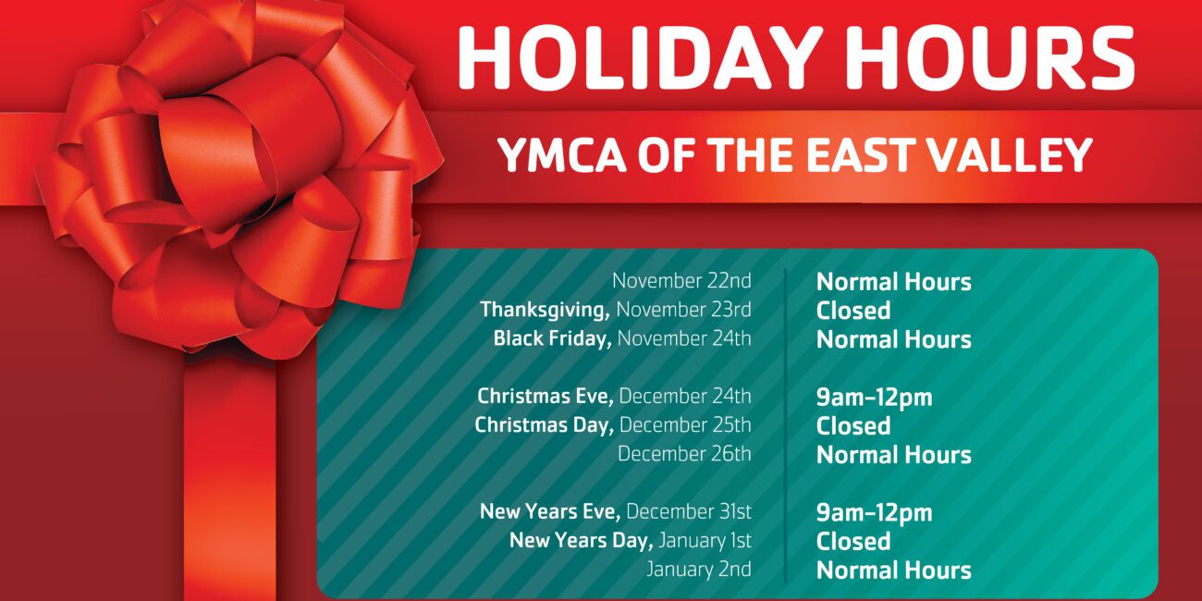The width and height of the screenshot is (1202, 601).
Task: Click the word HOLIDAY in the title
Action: (x=640, y=57)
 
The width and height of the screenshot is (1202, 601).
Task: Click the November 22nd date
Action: (x=681, y=281)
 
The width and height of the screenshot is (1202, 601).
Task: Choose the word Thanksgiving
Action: (x=545, y=310)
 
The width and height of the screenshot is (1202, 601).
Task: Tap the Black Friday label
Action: (x=552, y=338)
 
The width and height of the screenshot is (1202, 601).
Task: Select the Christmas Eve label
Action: (x=546, y=397)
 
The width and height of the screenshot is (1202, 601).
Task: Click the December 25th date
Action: (x=685, y=425)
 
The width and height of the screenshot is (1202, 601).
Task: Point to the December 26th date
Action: (x=684, y=454)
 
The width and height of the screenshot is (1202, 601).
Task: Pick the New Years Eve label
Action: (x=550, y=511)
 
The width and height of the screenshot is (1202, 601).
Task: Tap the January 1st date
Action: (x=705, y=540)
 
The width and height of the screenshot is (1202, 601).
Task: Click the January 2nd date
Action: (x=699, y=570)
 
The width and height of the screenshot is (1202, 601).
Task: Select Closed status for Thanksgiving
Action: (x=853, y=310)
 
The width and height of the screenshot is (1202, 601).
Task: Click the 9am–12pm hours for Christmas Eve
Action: (x=874, y=398)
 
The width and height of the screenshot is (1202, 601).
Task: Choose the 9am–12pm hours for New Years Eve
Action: (x=874, y=513)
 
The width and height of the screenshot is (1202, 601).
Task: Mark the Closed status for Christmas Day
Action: (x=853, y=425)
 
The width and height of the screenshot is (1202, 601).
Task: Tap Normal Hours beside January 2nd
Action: (x=893, y=570)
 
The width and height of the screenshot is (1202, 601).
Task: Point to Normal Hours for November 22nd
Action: (x=893, y=282)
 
